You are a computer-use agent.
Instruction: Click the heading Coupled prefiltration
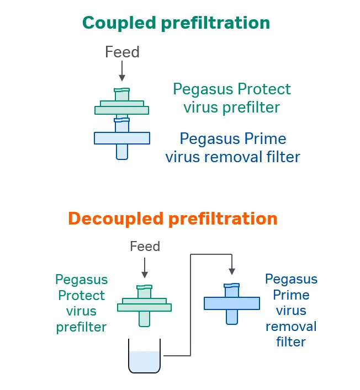(176, 23)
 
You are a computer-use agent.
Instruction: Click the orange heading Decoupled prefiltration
(172, 218)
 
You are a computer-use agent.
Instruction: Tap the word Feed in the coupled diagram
(122, 52)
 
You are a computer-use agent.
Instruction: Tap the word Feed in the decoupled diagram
(145, 246)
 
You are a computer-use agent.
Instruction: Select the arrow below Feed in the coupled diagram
(122, 71)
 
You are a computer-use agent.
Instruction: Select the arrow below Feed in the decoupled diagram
(145, 268)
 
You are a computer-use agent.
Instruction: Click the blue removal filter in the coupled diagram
(121, 138)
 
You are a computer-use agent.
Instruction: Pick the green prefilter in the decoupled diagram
(144, 304)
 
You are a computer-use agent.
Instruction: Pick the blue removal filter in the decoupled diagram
(232, 303)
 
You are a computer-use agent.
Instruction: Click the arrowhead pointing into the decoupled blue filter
(232, 271)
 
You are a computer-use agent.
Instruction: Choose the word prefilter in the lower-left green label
(81, 327)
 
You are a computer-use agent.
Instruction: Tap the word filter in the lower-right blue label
(291, 342)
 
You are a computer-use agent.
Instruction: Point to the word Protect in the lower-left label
(81, 295)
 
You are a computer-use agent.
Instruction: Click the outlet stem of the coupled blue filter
(121, 152)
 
